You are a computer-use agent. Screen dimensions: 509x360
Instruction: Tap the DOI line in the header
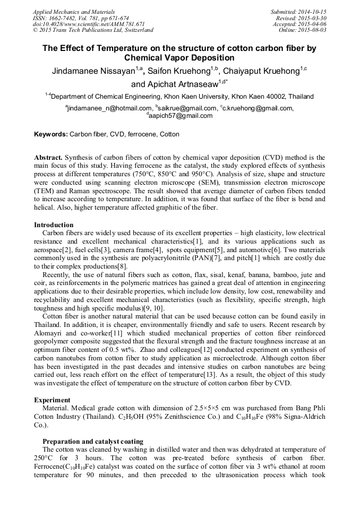89,24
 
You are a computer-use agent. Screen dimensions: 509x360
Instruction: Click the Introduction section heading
54,225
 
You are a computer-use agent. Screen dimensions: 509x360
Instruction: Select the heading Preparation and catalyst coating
92,441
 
